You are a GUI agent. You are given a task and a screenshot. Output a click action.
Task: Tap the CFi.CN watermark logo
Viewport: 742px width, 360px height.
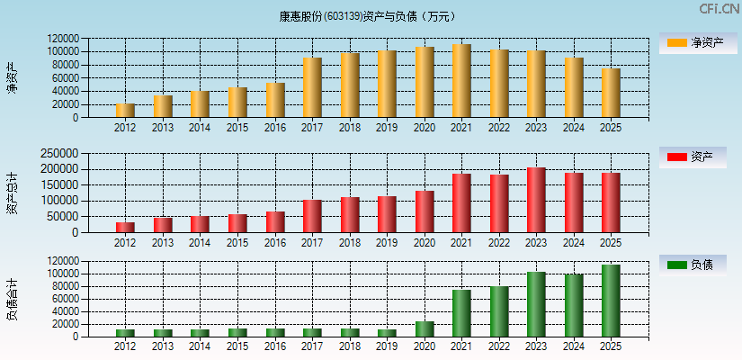[x=719, y=9]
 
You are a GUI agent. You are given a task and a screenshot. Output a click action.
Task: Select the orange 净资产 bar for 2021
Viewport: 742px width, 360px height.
[x=461, y=81]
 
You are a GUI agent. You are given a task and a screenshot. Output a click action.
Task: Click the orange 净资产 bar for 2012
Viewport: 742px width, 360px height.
[x=125, y=111]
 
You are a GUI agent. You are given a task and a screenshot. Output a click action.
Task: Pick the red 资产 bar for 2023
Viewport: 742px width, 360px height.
[x=536, y=200]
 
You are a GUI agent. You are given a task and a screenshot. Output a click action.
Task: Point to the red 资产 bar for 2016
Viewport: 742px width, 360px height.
[x=275, y=222]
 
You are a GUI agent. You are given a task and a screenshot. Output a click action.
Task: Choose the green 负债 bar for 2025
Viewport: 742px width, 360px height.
[x=611, y=301]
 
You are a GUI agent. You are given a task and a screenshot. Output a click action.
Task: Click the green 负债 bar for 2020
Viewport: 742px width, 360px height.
[x=425, y=329]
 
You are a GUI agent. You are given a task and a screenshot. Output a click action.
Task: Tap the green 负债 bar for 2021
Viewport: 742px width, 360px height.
[x=461, y=313]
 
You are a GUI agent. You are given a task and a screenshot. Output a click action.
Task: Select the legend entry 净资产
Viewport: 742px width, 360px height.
[x=692, y=42]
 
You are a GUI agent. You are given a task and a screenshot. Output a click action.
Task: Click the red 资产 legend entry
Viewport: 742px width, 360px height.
[x=692, y=157]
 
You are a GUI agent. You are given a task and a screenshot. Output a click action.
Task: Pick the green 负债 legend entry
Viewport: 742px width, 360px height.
[x=692, y=265]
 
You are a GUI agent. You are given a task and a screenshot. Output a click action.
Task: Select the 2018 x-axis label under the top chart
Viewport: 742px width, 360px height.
[x=350, y=128]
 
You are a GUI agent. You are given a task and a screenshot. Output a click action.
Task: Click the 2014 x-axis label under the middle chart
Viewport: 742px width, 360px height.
[x=200, y=243]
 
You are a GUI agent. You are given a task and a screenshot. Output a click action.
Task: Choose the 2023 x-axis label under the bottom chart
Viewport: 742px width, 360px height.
[x=536, y=346]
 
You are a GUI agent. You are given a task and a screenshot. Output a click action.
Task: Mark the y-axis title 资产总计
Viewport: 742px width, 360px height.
[x=12, y=193]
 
